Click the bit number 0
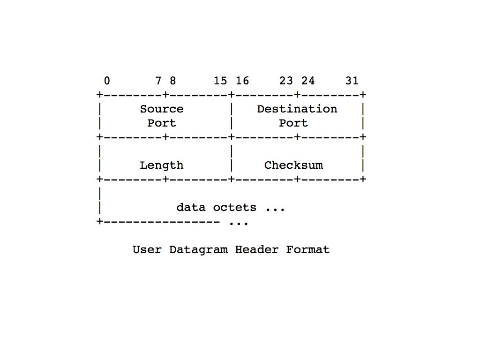107,81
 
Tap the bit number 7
158,81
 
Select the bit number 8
173,81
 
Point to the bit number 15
220,81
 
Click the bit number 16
242,81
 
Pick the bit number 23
286,81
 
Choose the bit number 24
308,81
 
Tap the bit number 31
352,81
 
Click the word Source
162,109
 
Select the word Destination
297,109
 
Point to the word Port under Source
162,123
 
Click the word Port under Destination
293,123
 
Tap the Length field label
162,165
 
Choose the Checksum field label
293,165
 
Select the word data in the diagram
191,207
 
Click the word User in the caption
147,249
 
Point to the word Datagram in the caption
198,249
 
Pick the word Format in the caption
308,249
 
